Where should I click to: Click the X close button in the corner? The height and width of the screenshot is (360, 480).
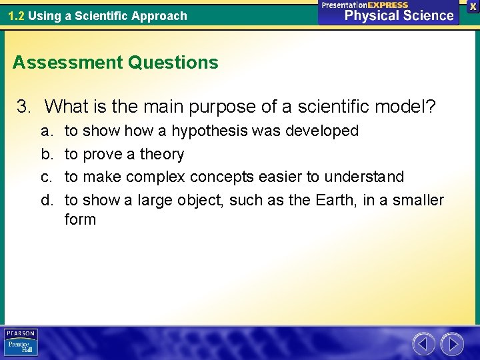pyautogui.click(x=473, y=5)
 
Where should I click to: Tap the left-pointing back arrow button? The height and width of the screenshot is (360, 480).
pyautogui.click(x=423, y=344)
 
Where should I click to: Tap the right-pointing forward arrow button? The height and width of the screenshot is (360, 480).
pyautogui.click(x=452, y=344)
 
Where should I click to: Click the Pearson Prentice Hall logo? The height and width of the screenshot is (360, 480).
pyautogui.click(x=21, y=343)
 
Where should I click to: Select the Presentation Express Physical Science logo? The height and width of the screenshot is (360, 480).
pyautogui.click(x=389, y=12)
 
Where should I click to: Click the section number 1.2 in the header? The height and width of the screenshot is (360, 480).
pyautogui.click(x=16, y=15)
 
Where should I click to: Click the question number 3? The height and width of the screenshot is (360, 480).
pyautogui.click(x=24, y=106)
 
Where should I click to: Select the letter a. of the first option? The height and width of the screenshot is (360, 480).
pyautogui.click(x=47, y=131)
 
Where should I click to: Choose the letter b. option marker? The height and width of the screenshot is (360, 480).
pyautogui.click(x=47, y=154)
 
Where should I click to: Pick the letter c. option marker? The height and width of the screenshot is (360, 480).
pyautogui.click(x=47, y=177)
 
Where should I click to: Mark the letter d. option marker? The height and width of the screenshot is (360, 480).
pyautogui.click(x=47, y=200)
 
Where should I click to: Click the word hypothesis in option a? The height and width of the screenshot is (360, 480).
pyautogui.click(x=209, y=131)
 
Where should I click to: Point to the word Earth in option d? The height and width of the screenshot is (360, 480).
pyautogui.click(x=333, y=200)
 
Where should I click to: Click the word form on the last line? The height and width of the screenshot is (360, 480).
pyautogui.click(x=80, y=219)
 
